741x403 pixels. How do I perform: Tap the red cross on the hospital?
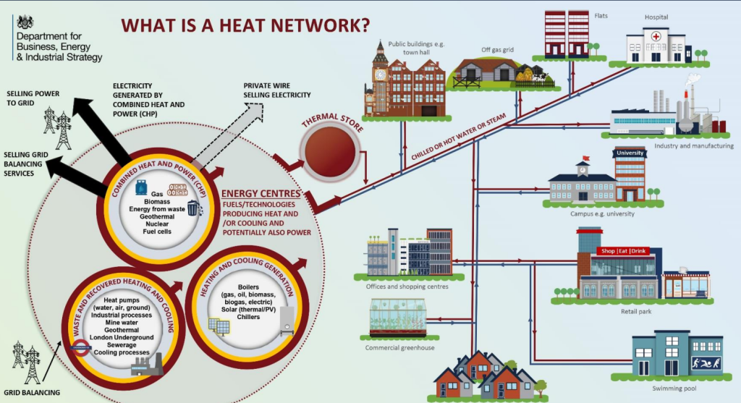click(656, 36)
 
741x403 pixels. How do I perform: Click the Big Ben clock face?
click(381, 73)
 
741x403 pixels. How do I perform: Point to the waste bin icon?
click(193, 209)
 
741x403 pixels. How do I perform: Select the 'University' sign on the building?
click(630, 153)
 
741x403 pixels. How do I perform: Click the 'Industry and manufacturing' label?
click(693, 145)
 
